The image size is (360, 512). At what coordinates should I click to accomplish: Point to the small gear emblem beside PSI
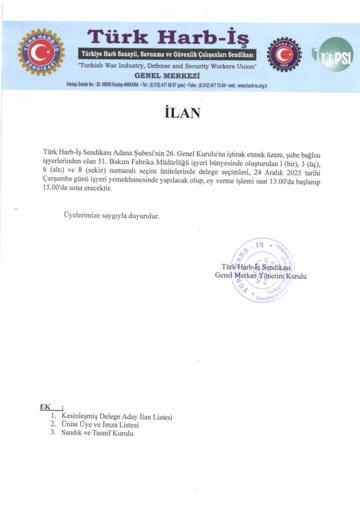pos(284,55)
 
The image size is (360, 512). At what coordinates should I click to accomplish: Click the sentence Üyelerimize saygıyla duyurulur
pos(111,216)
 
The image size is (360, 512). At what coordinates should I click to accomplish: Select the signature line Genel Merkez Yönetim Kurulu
pos(260,276)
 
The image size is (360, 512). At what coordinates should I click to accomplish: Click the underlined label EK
pos(45,406)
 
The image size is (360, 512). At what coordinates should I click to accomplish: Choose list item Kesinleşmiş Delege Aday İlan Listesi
pos(116,416)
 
